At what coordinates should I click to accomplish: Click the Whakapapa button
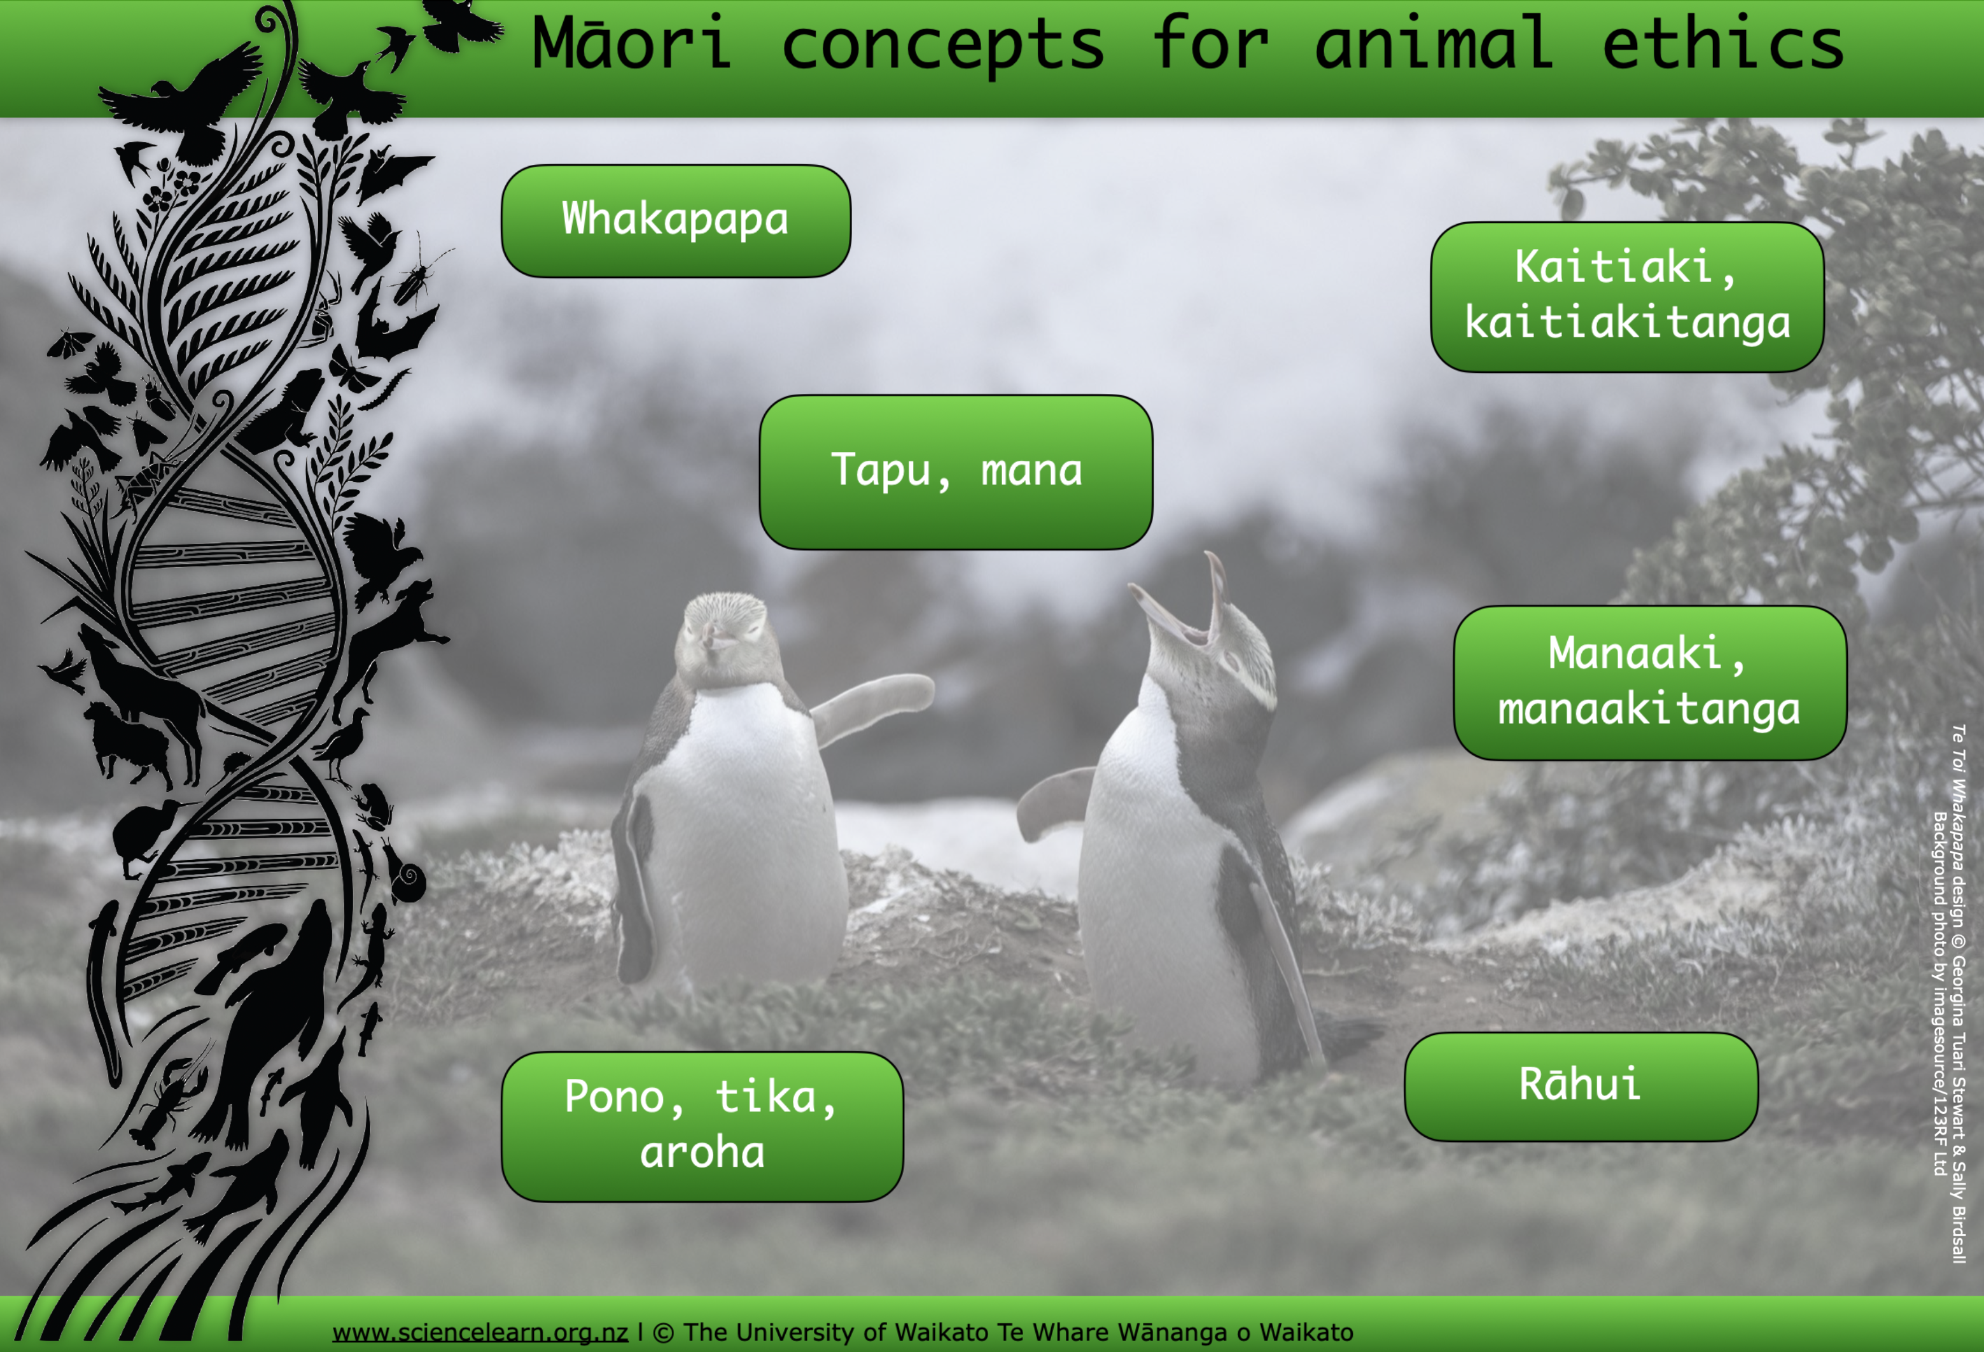[x=675, y=220]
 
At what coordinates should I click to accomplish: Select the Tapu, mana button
[x=955, y=472]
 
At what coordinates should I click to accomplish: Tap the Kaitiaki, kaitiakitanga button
[x=1626, y=297]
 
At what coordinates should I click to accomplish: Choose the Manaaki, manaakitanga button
[x=1649, y=682]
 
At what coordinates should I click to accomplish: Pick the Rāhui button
[x=1580, y=1085]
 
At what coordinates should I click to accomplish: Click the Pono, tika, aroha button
[x=702, y=1125]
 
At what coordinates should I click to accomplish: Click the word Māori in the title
[x=632, y=45]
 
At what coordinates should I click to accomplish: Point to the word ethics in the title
[x=1722, y=45]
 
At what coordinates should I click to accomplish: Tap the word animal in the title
[x=1434, y=45]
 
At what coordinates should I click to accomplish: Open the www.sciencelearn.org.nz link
[x=480, y=1332]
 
